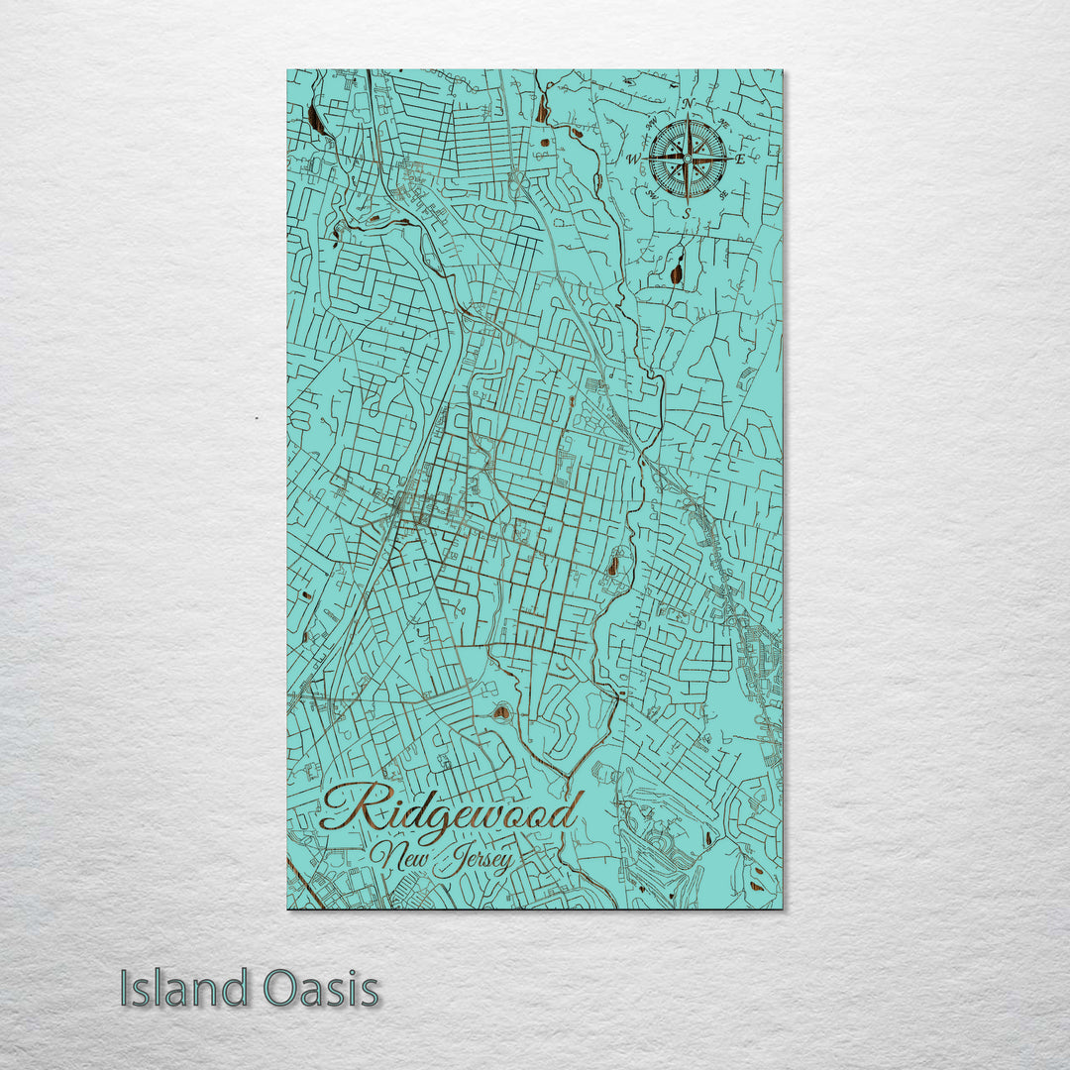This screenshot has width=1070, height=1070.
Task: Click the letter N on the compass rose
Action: pos(688,104)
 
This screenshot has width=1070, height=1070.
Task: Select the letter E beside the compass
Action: pos(753,158)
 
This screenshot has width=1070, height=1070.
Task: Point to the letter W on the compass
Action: pos(632,159)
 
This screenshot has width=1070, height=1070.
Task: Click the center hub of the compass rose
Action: pos(688,158)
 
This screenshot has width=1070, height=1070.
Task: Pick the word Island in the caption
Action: pos(184,989)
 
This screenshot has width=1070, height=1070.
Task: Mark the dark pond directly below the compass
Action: pos(677,270)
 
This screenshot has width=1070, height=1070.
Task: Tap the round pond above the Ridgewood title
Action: pos(502,711)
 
